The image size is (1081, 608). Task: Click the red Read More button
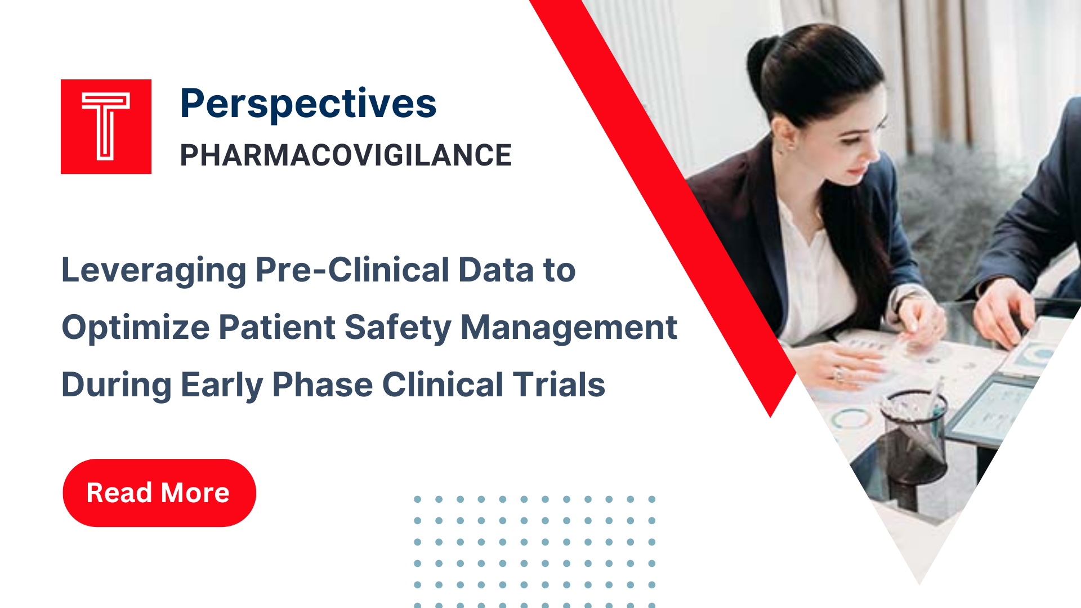[159, 493]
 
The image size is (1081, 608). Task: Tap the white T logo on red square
[106, 126]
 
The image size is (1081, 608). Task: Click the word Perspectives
[308, 104]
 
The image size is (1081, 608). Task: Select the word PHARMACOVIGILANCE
[345, 155]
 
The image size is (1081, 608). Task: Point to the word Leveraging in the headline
[153, 270]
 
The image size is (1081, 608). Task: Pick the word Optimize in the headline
[135, 328]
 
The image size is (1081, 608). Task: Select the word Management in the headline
[569, 328]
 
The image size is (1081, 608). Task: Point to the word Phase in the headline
[323, 385]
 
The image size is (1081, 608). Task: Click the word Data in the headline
[495, 270]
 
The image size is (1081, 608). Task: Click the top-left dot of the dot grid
[417, 499]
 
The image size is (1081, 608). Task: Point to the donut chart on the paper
[850, 419]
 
